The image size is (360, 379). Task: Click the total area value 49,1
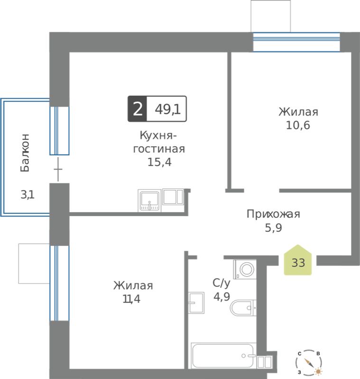click(x=167, y=109)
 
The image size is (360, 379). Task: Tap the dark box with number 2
click(x=137, y=109)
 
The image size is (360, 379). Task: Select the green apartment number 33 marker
click(x=298, y=260)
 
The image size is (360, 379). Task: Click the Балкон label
click(x=25, y=153)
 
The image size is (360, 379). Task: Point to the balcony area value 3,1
click(x=28, y=195)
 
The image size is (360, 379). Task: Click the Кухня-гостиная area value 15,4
click(x=159, y=162)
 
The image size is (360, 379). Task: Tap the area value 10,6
click(x=298, y=125)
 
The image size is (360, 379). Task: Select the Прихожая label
click(x=273, y=214)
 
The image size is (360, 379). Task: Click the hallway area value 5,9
click(x=273, y=228)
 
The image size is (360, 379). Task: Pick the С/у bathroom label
click(x=222, y=283)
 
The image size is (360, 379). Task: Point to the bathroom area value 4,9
click(x=222, y=297)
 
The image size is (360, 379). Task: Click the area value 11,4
click(x=131, y=299)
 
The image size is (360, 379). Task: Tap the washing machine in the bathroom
click(x=245, y=269)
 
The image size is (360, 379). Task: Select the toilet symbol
click(x=243, y=308)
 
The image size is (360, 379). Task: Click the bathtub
click(x=223, y=356)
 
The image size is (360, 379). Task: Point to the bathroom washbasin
click(x=196, y=303)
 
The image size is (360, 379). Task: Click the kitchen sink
click(x=149, y=200)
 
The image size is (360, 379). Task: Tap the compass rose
click(x=308, y=362)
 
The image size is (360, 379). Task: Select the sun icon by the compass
click(x=318, y=371)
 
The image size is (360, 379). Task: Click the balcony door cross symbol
click(x=58, y=169)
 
